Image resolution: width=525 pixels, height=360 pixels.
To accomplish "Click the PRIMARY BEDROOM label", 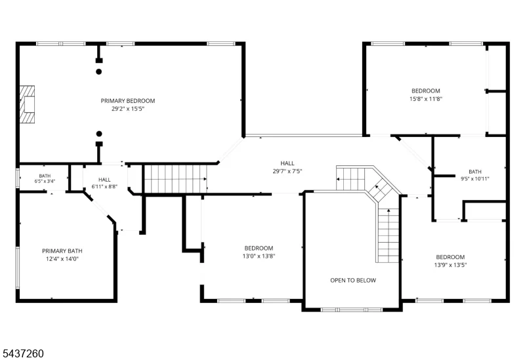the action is [127, 101].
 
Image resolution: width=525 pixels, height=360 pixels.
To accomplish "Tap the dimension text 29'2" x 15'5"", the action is [127, 109].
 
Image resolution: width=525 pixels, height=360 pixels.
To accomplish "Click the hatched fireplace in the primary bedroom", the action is [27, 104].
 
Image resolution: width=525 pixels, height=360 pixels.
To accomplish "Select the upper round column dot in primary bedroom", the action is [99, 71].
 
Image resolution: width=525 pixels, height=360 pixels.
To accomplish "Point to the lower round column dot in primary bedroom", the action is [99, 134].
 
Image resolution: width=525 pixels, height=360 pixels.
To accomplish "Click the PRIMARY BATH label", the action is [62, 251].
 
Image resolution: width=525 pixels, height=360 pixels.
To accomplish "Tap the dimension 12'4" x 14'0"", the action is [62, 259].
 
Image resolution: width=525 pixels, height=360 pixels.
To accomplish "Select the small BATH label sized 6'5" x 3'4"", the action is [45, 176].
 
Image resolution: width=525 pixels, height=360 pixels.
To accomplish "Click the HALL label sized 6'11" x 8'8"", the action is [104, 180].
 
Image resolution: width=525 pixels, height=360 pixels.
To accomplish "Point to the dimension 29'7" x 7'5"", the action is [287, 171].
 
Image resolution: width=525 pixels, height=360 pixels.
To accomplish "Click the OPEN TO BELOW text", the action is [353, 281].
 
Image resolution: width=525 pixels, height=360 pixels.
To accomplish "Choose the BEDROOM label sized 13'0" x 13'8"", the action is [259, 249].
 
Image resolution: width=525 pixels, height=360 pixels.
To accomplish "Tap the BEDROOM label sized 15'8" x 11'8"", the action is [426, 90].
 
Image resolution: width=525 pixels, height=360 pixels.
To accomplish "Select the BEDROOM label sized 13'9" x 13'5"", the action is [450, 257].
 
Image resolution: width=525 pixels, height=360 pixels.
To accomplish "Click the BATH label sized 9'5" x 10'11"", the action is [475, 172].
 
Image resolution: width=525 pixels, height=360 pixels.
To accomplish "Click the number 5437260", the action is [23, 353].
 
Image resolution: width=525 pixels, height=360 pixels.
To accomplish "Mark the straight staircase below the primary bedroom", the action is [175, 179].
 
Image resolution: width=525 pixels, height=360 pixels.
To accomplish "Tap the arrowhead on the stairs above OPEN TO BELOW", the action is [388, 210].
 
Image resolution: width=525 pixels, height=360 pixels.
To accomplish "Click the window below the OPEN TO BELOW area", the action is [352, 310].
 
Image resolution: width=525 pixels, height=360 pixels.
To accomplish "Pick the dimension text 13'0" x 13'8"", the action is [259, 256].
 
